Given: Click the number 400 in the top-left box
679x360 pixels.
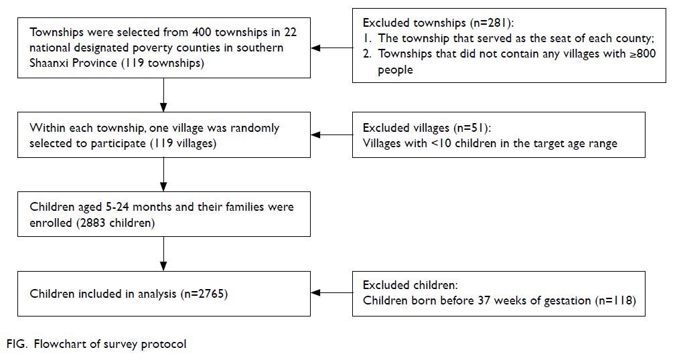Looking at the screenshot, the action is click(x=202, y=32).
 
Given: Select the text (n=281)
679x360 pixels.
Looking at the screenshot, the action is click(x=492, y=23).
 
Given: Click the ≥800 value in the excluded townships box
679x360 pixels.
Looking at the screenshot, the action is click(x=643, y=54).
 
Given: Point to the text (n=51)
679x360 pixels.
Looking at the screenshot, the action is click(x=473, y=128).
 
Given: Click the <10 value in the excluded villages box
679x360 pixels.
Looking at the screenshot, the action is click(x=441, y=143).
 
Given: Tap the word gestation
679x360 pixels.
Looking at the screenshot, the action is click(x=567, y=300).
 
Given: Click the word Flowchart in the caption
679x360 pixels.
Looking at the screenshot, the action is click(x=60, y=344).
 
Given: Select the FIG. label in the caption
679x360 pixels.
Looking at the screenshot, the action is click(x=17, y=344).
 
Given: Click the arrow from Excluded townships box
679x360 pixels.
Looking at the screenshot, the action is click(x=332, y=48).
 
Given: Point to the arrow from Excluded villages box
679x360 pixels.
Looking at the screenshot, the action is click(x=332, y=135).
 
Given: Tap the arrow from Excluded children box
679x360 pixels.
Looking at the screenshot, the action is click(x=332, y=293).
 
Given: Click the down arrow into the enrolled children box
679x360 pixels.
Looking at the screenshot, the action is click(x=163, y=175).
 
